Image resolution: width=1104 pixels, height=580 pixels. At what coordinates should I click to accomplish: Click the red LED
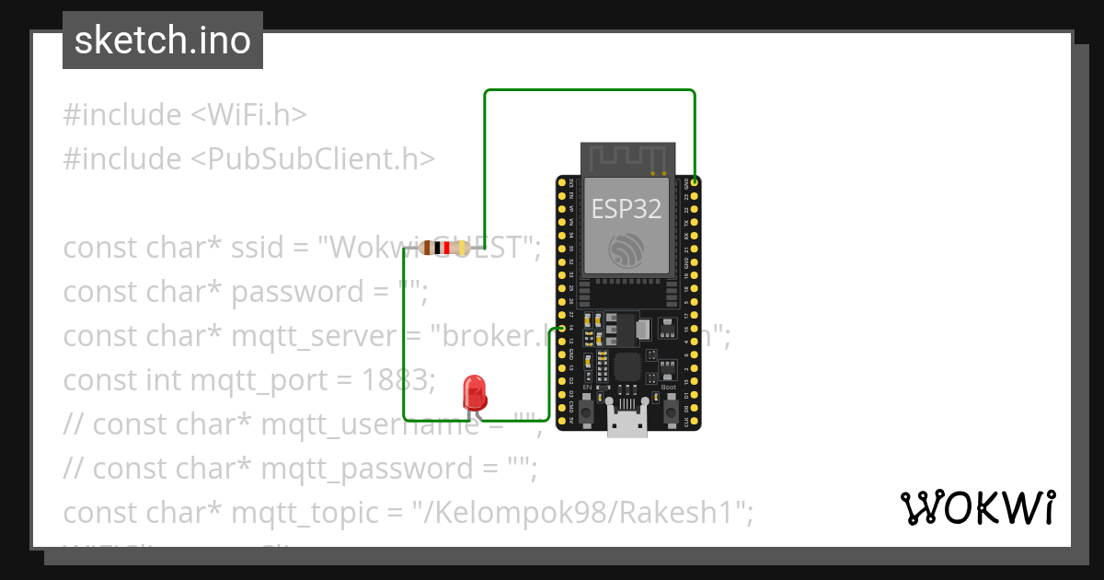[x=475, y=392]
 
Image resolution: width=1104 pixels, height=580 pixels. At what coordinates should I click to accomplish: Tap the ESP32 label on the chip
[x=627, y=209]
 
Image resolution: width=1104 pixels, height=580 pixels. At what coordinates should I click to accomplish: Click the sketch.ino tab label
[x=163, y=41]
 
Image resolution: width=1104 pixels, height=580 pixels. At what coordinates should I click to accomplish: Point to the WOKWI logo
[x=978, y=508]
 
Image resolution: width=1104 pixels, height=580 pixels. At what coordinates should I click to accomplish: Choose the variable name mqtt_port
[x=251, y=379]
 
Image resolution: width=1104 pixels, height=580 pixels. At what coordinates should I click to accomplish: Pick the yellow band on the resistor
[x=456, y=247]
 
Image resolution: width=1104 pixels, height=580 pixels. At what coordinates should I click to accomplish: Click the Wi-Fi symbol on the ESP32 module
[x=627, y=250]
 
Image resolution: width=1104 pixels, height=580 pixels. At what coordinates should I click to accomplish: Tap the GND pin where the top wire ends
[x=695, y=182]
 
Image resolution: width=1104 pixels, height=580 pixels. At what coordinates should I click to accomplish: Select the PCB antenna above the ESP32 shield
[x=627, y=157]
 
